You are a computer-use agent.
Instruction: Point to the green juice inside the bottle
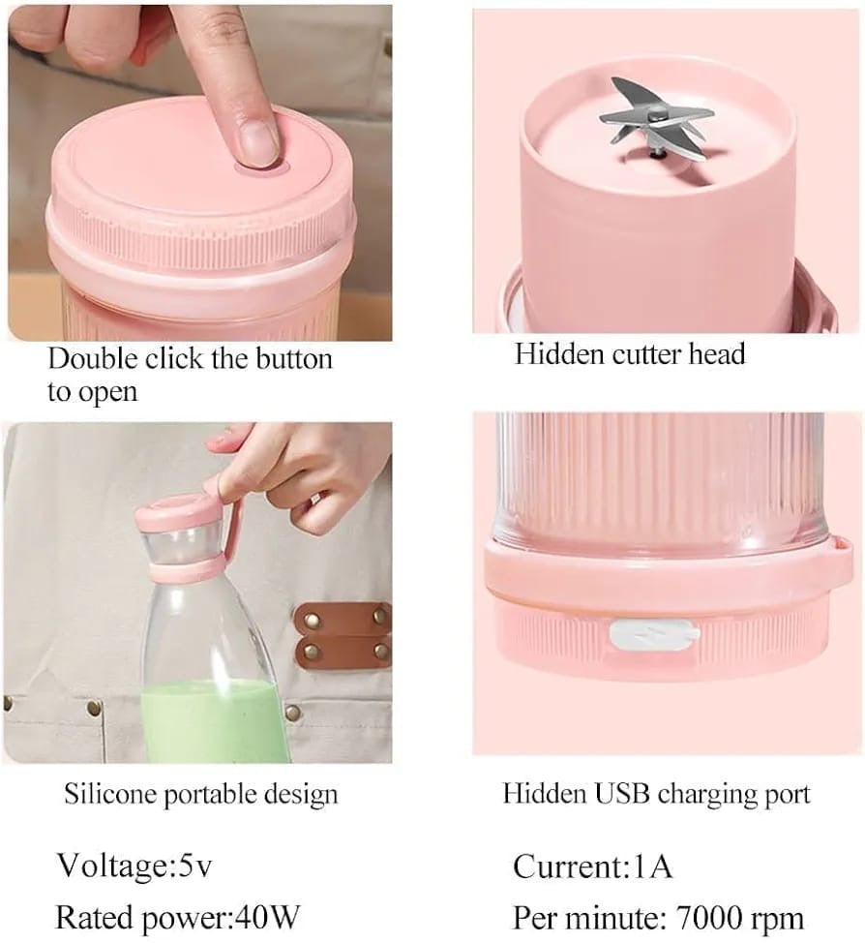207,720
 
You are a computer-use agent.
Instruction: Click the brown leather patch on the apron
343,634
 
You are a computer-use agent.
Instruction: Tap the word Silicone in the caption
111,795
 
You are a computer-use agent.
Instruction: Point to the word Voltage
108,866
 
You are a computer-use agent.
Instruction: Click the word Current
567,865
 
